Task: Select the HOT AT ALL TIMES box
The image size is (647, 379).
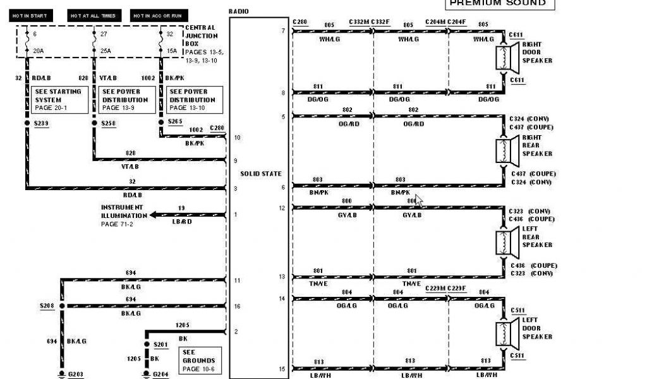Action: [x=94, y=15]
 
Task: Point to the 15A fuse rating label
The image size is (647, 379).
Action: [x=171, y=51]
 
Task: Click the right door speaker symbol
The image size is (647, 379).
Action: [x=506, y=61]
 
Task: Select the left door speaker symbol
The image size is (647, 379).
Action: [x=506, y=337]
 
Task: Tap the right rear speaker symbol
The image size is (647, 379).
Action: [x=506, y=153]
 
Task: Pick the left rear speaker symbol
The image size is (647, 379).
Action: [x=506, y=245]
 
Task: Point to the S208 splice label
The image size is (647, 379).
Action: [x=47, y=306]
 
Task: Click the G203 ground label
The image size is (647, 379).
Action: [x=76, y=374]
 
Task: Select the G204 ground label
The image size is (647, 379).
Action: [x=162, y=374]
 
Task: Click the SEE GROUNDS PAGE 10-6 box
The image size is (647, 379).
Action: [x=200, y=359]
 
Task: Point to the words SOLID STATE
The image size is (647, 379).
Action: [x=261, y=174]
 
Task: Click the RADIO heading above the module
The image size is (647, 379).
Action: [x=239, y=11]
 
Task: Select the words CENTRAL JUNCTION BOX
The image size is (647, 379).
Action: [x=200, y=35]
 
